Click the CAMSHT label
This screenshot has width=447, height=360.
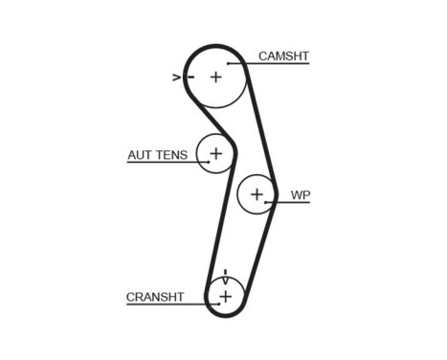pos(283,56)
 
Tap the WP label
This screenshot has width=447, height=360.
pos(301,195)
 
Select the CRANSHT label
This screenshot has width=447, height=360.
pos(154,297)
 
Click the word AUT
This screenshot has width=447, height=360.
pos(141,154)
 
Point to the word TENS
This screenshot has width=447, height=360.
pos(172,154)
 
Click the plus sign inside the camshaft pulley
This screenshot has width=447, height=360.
pos(215,77)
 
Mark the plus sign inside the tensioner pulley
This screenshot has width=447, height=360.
pos(215,152)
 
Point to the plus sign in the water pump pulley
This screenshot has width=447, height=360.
pos(256,195)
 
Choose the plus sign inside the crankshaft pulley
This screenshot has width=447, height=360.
pos(225,297)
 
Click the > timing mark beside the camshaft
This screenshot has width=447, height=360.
pos(176,77)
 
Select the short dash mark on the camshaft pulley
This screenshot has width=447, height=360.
pos(190,77)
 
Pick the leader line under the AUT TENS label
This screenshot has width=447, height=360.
pos(163,162)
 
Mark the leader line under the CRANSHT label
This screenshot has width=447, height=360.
pos(163,304)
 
